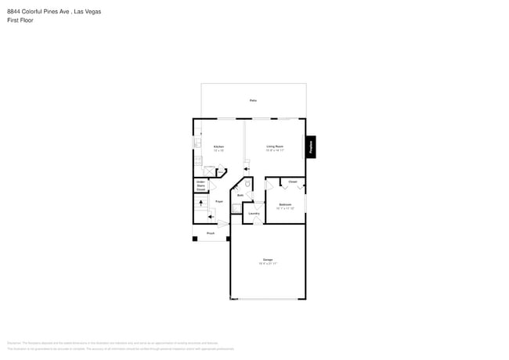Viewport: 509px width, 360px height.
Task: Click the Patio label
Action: click(x=253, y=101)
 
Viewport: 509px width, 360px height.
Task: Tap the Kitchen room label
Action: click(x=219, y=146)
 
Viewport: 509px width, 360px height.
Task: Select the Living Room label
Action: click(x=274, y=146)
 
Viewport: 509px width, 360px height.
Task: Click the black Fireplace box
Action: click(x=311, y=146)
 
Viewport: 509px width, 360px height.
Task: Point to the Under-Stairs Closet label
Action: click(x=201, y=185)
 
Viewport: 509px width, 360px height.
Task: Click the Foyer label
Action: click(x=219, y=201)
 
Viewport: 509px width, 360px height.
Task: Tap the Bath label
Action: click(x=240, y=195)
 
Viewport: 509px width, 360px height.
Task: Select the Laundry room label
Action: click(x=254, y=213)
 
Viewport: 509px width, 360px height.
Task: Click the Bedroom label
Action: click(x=284, y=204)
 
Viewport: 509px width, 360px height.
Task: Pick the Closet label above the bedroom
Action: click(x=292, y=182)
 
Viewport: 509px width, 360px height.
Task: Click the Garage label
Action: click(x=268, y=260)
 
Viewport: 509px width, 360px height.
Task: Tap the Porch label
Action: click(x=211, y=233)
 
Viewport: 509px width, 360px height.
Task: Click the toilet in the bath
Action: click(x=247, y=185)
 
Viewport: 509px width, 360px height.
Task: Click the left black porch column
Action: click(x=195, y=238)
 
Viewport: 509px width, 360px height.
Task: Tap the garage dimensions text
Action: click(x=268, y=265)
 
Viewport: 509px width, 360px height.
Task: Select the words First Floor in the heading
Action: click(x=19, y=20)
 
